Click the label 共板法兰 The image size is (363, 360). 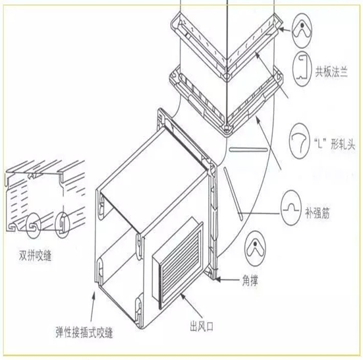point(331,71)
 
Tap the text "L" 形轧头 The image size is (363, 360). point(335,144)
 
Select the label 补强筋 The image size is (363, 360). point(317,212)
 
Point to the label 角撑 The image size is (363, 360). point(250,280)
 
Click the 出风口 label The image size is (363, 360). point(202,326)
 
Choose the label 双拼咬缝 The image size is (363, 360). point(35,256)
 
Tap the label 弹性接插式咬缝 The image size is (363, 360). point(84,332)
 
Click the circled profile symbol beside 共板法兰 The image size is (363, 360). point(302,69)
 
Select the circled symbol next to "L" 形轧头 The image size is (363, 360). point(300,141)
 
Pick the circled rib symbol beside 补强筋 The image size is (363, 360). point(291,208)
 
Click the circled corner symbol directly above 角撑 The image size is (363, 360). point(255,249)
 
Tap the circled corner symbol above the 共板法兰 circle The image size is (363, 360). point(302,30)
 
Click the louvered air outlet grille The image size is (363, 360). point(178,263)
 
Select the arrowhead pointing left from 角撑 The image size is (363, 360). point(217,280)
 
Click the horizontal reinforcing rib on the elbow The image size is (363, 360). point(248,150)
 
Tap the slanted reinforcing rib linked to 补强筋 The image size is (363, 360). point(233,194)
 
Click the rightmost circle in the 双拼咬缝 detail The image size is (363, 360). point(63,225)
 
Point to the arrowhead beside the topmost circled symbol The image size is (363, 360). point(281,29)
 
